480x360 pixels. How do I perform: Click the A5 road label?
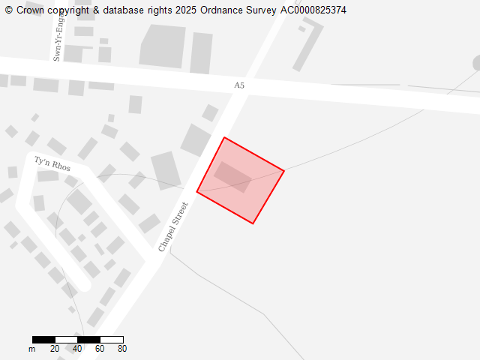[239, 85]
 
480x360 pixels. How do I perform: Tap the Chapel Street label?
[172, 226]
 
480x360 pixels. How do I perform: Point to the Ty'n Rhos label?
[52, 163]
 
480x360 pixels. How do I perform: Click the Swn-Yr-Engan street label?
[57, 37]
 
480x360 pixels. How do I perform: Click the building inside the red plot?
[232, 177]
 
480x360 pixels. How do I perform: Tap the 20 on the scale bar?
[55, 348]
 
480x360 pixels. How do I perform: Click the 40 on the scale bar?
[77, 348]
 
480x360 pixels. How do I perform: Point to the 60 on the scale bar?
[100, 348]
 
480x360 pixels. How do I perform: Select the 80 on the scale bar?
[122, 348]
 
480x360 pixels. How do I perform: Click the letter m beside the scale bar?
[32, 349]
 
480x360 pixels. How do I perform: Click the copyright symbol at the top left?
[8, 10]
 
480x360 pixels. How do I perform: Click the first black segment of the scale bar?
[43, 340]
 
